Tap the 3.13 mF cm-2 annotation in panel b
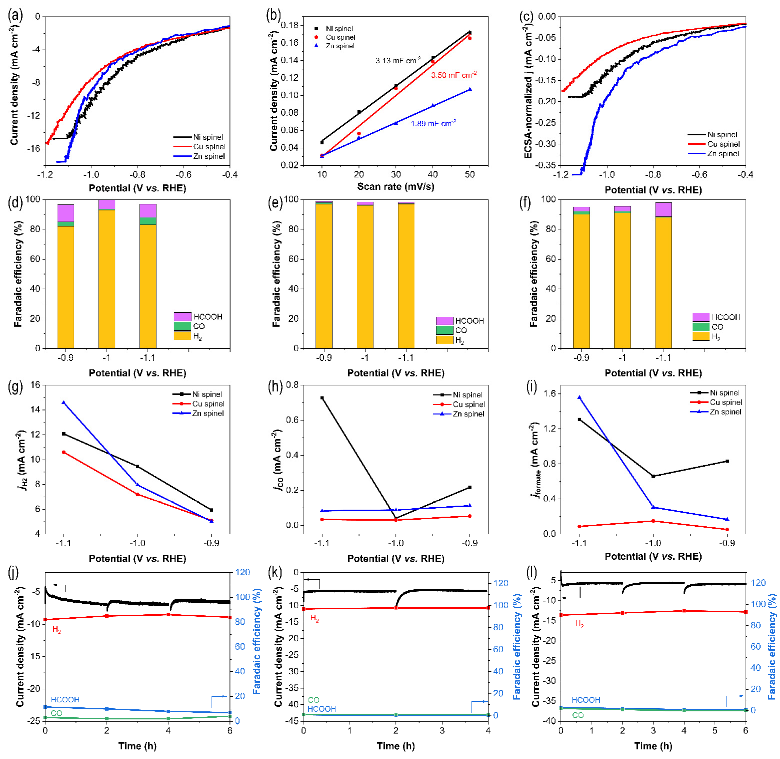[398, 61]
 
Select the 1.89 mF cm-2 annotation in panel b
[433, 124]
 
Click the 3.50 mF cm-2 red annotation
[454, 75]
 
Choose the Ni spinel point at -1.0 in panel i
[653, 476]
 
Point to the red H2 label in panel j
[56, 630]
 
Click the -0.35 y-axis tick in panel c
[546, 165]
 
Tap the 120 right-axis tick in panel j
[243, 572]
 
